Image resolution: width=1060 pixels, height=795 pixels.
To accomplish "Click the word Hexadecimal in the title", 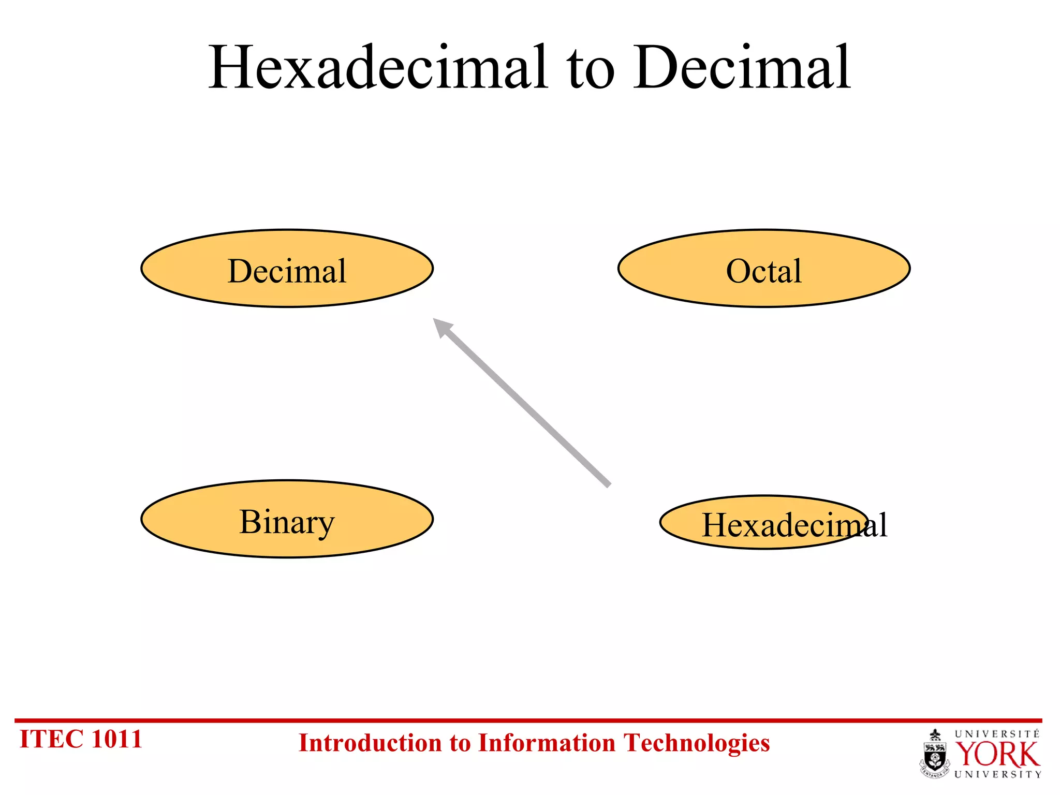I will point(378,67).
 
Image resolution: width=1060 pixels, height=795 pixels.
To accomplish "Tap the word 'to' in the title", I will point(591,70).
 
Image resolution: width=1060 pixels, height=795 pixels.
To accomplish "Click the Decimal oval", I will point(287,269).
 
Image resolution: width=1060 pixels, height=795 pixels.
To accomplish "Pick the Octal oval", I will point(764,269).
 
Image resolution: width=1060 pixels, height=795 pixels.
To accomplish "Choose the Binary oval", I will point(287,519).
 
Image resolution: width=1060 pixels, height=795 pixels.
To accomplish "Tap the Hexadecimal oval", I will point(764,523).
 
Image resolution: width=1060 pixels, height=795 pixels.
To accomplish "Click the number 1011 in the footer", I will point(116,739).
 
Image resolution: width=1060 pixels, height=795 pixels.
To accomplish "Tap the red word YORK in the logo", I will point(997,755).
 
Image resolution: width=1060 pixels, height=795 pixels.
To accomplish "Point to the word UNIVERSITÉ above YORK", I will point(997,734).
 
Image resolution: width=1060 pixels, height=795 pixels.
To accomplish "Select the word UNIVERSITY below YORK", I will point(997,774).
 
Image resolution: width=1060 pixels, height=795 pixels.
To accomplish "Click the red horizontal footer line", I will point(528,720).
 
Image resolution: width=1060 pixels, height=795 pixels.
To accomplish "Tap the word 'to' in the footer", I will point(460,744).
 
